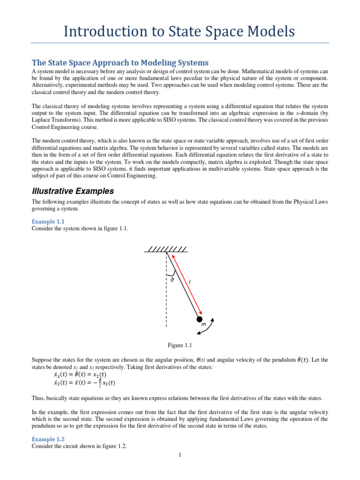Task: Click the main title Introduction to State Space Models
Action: click(179, 31)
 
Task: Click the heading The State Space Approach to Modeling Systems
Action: click(120, 62)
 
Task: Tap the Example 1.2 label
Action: click(48, 439)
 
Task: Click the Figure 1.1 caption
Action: click(180, 345)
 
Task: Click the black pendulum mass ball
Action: click(200, 319)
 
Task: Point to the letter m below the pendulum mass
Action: click(203, 325)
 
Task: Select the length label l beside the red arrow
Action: click(189, 283)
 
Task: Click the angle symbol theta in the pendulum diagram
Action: click(172, 279)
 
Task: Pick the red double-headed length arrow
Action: click(186, 284)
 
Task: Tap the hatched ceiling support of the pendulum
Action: click(166, 248)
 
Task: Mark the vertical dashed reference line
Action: click(166, 291)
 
